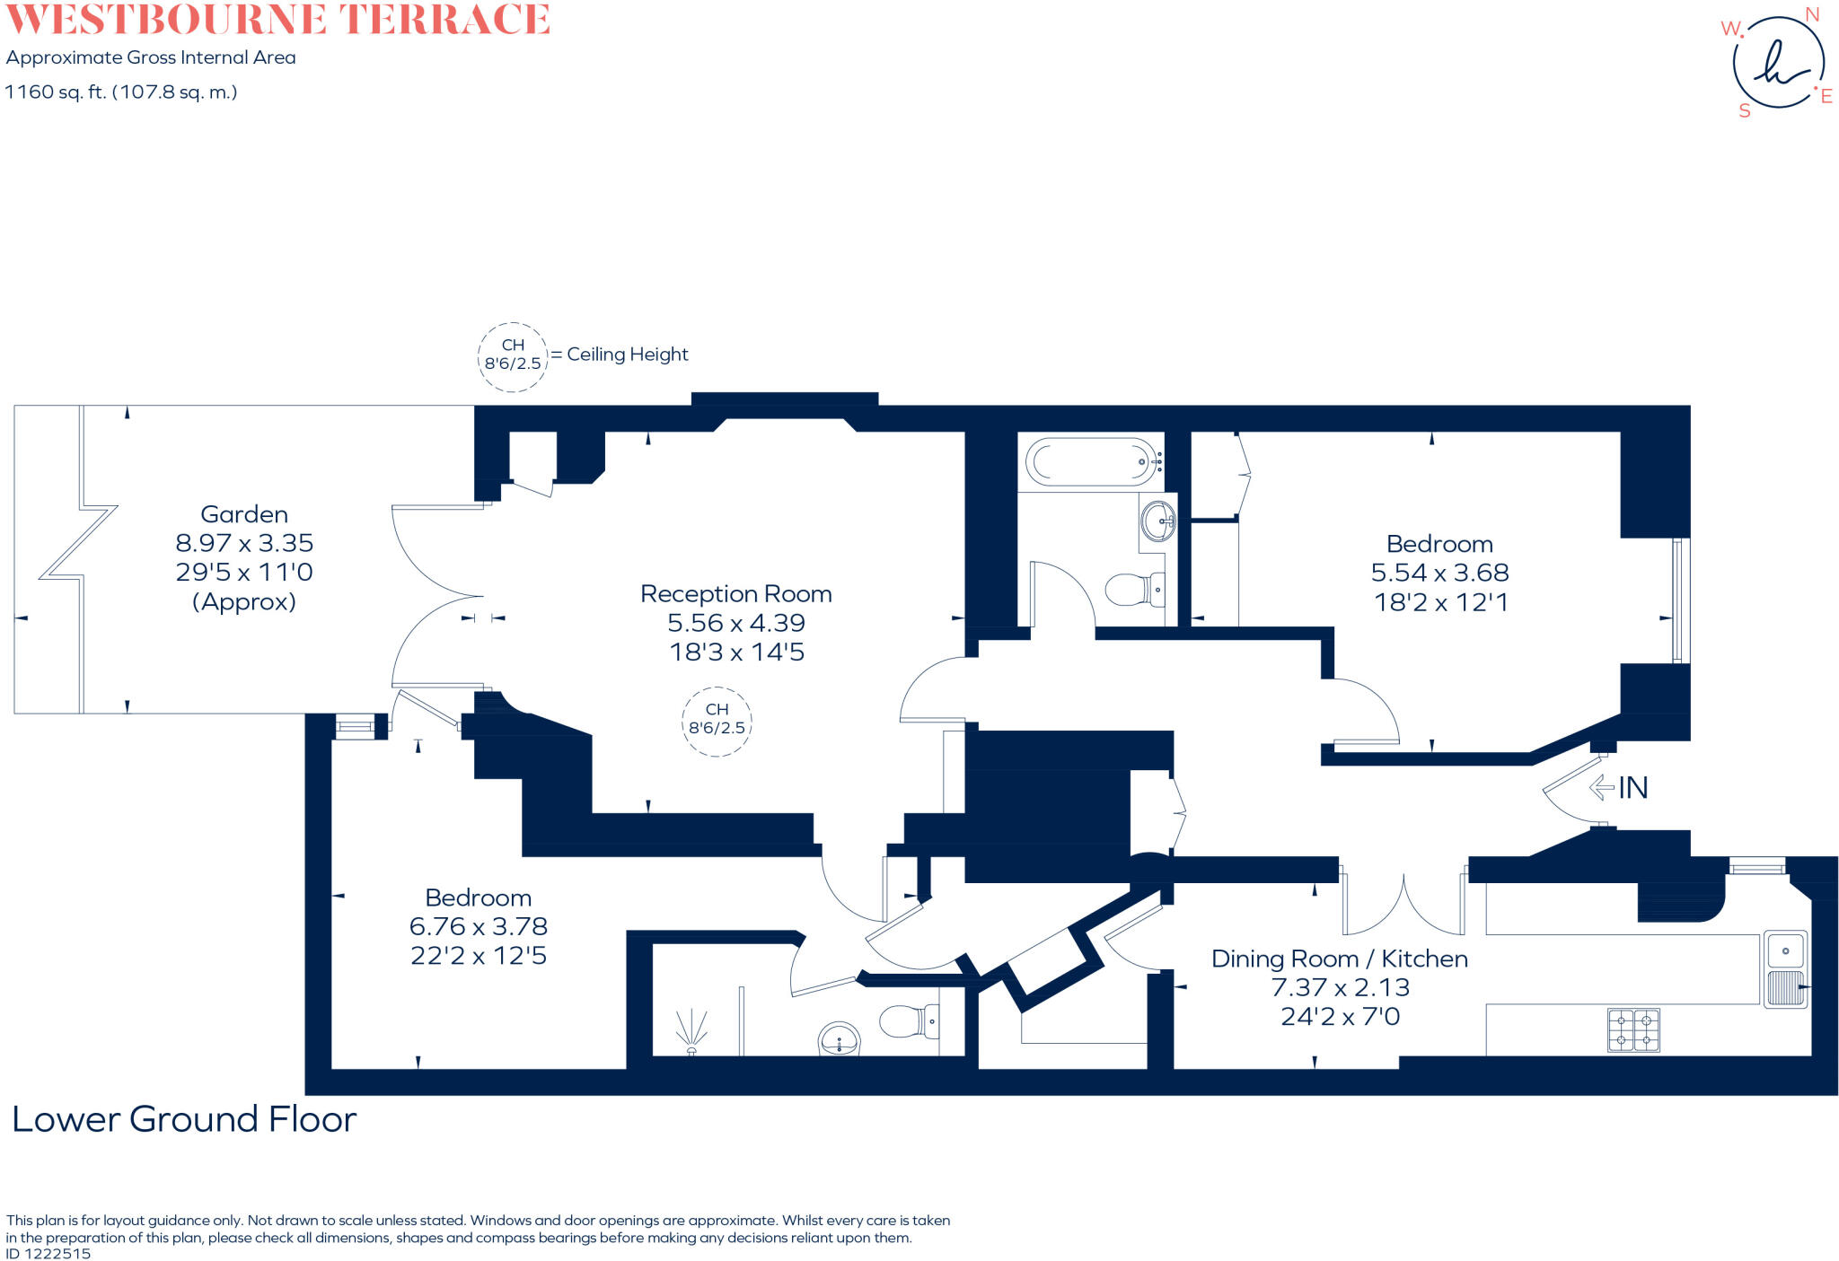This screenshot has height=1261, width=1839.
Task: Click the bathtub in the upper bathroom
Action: coord(1091,462)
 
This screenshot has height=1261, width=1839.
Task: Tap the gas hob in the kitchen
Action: coord(1633,1030)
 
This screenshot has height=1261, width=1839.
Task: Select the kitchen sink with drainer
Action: coord(1785,969)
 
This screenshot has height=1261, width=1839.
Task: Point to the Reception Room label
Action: coord(735,594)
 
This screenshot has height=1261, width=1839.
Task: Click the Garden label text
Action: coord(244,514)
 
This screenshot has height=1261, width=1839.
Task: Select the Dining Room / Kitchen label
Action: coord(1339,959)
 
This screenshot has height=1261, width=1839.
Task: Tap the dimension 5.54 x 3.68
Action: coord(1439,573)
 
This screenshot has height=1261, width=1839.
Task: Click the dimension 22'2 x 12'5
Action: coord(478,956)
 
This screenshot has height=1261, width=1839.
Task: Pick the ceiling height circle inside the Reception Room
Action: coord(717,720)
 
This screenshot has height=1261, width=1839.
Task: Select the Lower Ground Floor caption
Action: coord(184,1119)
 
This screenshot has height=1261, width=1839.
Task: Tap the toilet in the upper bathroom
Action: coord(1133,590)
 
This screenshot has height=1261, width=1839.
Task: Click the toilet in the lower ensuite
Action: coord(907,1021)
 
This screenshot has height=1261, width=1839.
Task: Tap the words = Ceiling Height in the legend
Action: coord(620,355)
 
